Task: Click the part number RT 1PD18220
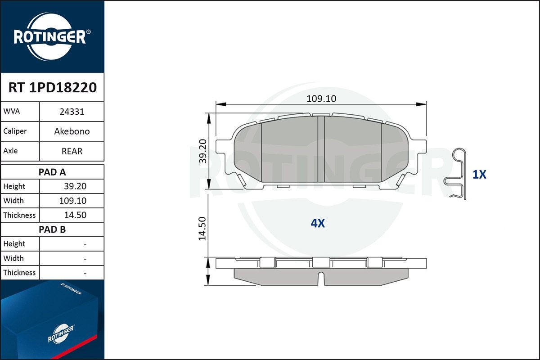[x=52, y=88]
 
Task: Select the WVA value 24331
[x=72, y=112]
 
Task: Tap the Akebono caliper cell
[x=72, y=131]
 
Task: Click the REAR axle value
[x=72, y=151]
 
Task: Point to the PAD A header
[x=52, y=172]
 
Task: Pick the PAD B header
[x=52, y=229]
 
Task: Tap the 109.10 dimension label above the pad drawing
[x=321, y=99]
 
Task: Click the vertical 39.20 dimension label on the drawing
[x=203, y=151]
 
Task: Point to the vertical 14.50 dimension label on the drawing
[x=202, y=229]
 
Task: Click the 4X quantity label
[x=318, y=223]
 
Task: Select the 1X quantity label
[x=479, y=175]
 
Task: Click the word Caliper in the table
[x=15, y=131]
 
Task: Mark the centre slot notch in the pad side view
[x=321, y=279]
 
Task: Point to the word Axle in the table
[x=10, y=151]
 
